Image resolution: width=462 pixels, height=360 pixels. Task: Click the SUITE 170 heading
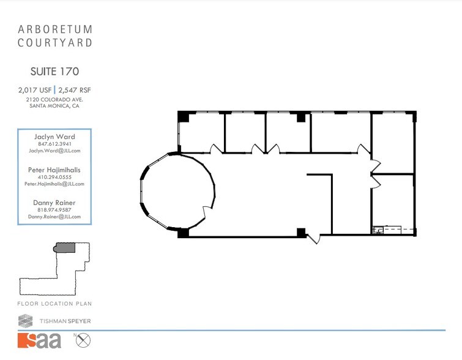point(54,72)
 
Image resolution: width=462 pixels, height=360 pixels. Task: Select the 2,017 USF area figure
point(34,90)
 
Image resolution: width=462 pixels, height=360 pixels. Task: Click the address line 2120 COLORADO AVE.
point(54,99)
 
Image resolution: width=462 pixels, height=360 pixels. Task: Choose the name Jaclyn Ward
point(54,136)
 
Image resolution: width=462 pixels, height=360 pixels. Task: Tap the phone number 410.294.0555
point(54,177)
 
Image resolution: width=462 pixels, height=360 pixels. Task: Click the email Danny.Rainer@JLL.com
point(54,217)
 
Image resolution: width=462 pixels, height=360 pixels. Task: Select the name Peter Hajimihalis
point(54,170)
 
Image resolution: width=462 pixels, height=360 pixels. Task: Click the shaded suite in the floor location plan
point(65,247)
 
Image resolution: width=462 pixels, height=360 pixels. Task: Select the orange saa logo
point(40,340)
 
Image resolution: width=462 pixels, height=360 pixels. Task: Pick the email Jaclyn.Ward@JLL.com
point(54,150)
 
